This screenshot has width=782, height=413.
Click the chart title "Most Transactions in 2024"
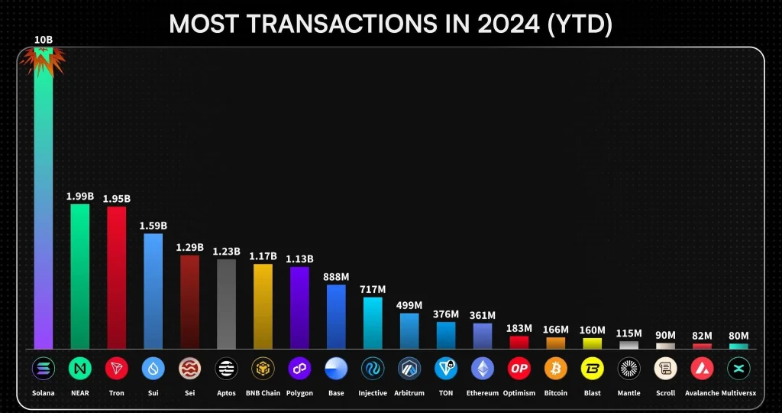pyautogui.click(x=390, y=24)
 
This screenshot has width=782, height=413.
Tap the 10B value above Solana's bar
pyautogui.click(x=43, y=39)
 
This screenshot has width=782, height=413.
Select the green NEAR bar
pyautogui.click(x=79, y=276)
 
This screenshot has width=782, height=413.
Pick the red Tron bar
pyautogui.click(x=116, y=278)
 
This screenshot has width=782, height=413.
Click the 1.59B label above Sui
pyautogui.click(x=153, y=226)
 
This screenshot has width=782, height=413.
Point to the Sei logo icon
pyautogui.click(x=189, y=369)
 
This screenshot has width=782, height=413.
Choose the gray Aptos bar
pyautogui.click(x=226, y=304)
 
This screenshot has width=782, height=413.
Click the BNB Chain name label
pyautogui.click(x=263, y=393)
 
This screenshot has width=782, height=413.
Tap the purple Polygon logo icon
pyautogui.click(x=299, y=369)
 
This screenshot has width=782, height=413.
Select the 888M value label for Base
pyautogui.click(x=336, y=277)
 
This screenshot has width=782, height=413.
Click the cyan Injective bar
pyautogui.click(x=373, y=323)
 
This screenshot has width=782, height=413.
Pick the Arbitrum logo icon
pyautogui.click(x=409, y=369)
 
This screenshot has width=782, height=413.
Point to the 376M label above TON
pyautogui.click(x=446, y=314)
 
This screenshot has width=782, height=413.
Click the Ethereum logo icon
pyautogui.click(x=483, y=369)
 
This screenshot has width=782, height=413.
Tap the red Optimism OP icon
pyautogui.click(x=519, y=369)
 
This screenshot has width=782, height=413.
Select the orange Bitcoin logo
pyautogui.click(x=556, y=369)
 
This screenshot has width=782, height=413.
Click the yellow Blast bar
pyautogui.click(x=593, y=343)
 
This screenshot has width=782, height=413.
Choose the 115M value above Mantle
pyautogui.click(x=629, y=333)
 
